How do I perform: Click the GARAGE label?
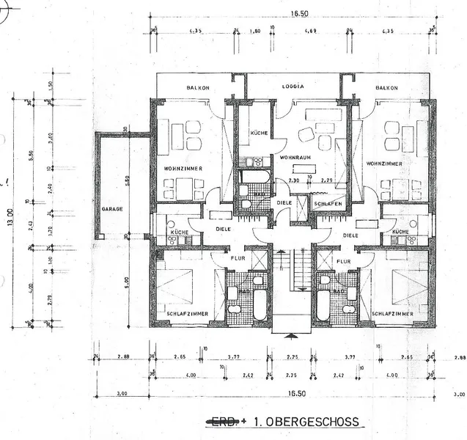(112, 209)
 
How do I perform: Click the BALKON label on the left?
(198, 87)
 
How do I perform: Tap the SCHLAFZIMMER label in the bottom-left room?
(186, 314)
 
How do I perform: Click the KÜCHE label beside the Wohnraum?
(258, 133)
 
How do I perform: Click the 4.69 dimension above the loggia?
(310, 32)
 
